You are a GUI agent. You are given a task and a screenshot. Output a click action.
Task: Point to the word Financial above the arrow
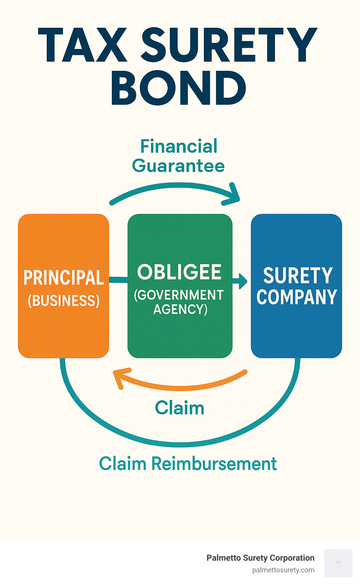[179, 146]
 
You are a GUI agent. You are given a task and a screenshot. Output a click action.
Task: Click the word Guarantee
[178, 166]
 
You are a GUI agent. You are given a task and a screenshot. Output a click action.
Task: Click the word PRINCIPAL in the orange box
[64, 278]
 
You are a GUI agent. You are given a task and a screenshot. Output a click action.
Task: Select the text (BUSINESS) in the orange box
[64, 301]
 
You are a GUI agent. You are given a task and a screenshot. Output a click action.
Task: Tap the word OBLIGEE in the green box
[179, 272]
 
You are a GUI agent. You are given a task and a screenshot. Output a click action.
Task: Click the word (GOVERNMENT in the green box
[179, 295]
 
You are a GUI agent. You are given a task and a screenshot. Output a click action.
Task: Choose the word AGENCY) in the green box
[180, 309]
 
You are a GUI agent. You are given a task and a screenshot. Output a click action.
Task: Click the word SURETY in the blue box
[297, 275]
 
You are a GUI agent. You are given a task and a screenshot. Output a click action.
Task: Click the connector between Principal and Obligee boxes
[118, 280]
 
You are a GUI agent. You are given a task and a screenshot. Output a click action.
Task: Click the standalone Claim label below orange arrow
[180, 408]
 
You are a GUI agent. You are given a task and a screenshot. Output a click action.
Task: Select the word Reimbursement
[214, 464]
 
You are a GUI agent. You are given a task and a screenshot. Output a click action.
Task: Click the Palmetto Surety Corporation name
[260, 558]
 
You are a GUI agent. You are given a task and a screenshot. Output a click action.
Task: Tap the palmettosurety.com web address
[283, 570]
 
